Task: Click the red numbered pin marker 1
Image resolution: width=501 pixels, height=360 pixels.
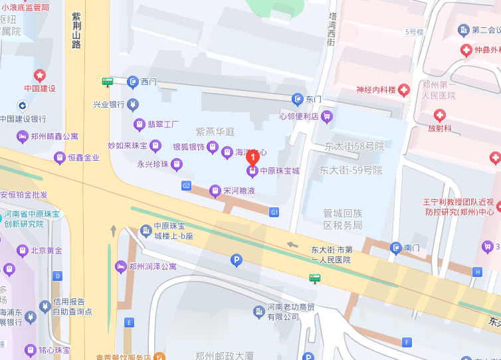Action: pos(252,158)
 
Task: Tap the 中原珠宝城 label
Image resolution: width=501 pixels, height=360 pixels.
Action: pos(279,171)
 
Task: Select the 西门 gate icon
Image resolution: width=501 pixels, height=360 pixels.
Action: pos(132,82)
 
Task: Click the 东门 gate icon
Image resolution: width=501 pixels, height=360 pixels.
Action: pos(298,99)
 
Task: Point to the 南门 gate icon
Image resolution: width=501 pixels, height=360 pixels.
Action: pos(395,248)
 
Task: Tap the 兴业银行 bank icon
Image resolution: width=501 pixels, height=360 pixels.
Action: pos(133,104)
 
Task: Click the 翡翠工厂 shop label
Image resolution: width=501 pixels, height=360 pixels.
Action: pos(163,124)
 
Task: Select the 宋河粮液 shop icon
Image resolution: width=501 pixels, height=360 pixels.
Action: pos(215,191)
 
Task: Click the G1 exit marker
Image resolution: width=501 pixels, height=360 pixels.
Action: pos(274,212)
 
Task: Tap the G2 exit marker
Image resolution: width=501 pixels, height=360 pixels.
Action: pos(186,186)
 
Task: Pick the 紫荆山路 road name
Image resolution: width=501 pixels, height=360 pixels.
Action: pos(76,31)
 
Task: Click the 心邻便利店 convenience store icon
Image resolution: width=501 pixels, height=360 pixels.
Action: pos(326,117)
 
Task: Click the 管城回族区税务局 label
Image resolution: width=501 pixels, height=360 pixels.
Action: pos(342,219)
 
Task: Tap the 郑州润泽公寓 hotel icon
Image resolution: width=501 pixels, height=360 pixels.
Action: pos(120,266)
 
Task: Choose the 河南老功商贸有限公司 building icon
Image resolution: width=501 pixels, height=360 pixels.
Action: pos(258,311)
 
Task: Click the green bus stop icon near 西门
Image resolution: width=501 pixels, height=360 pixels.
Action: pos(107,82)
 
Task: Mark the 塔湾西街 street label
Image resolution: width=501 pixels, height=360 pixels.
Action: pos(331,30)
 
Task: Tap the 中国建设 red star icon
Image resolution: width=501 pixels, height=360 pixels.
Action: pos(40,74)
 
